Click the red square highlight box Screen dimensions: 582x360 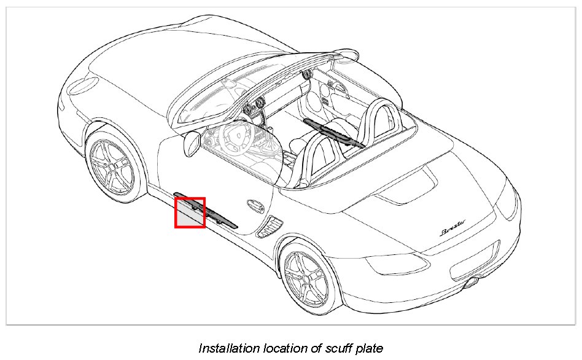190,213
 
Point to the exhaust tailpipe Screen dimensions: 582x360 473,283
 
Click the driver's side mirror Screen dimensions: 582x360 192,142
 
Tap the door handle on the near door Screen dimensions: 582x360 252,205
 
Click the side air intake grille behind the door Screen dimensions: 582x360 268,227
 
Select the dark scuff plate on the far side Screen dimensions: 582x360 335,133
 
